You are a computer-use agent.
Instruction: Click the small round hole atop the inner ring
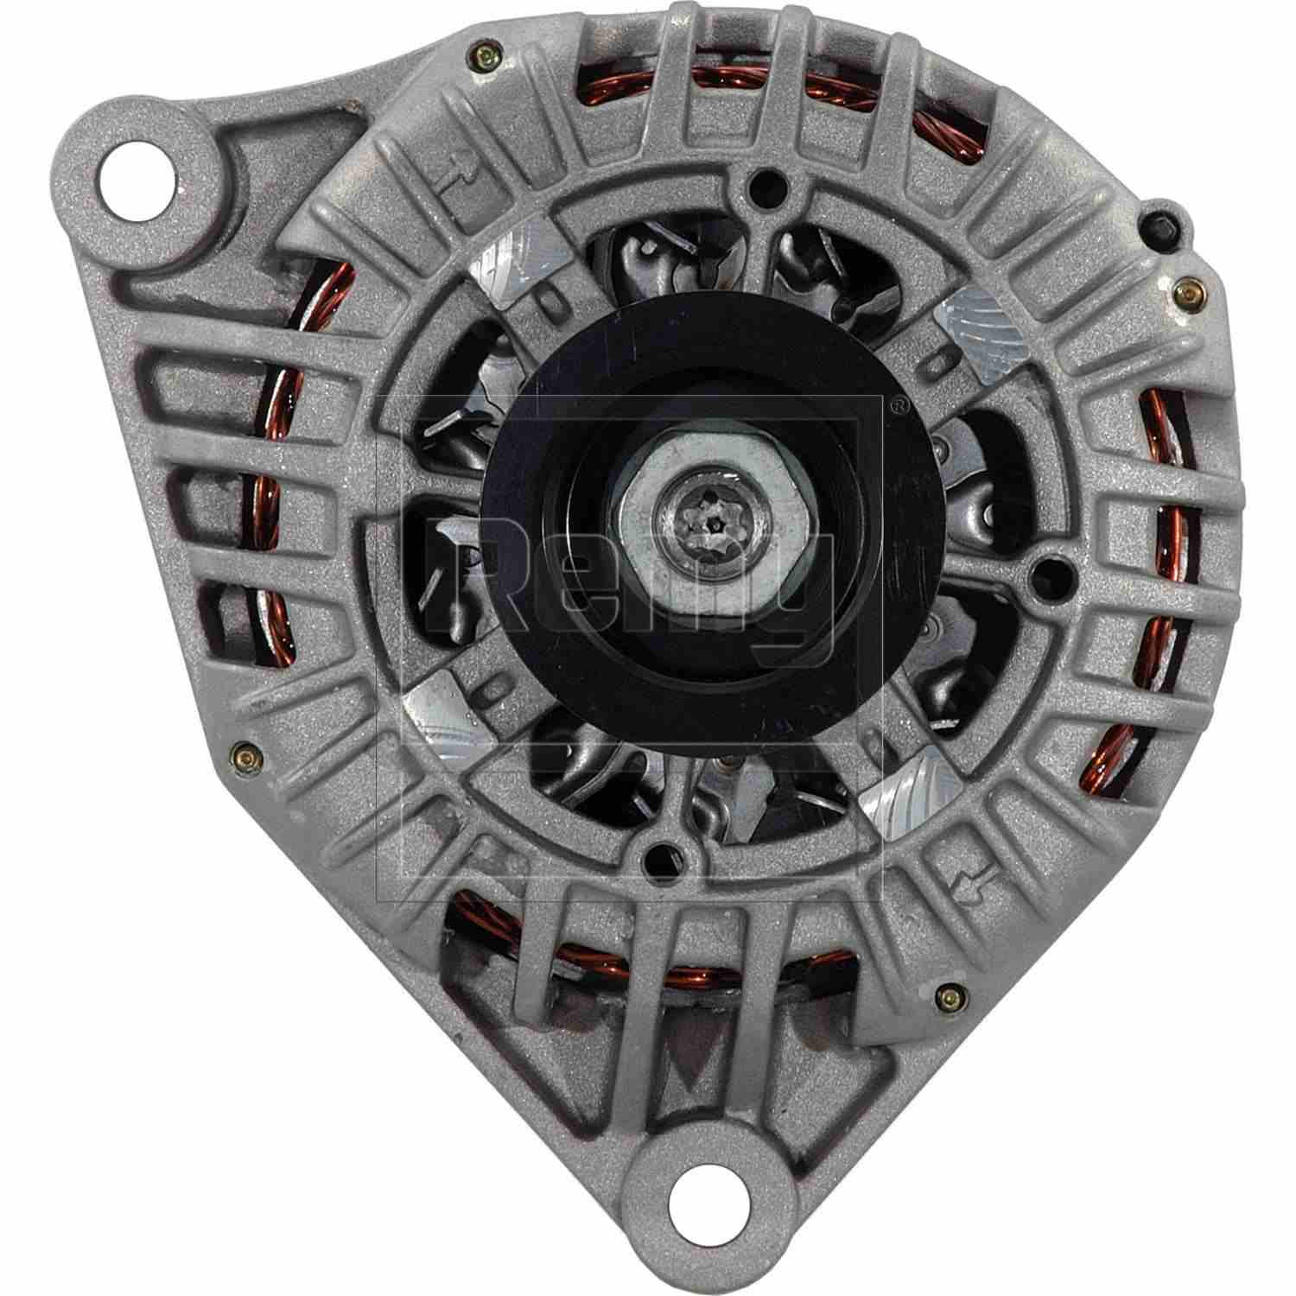pyautogui.click(x=763, y=185)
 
